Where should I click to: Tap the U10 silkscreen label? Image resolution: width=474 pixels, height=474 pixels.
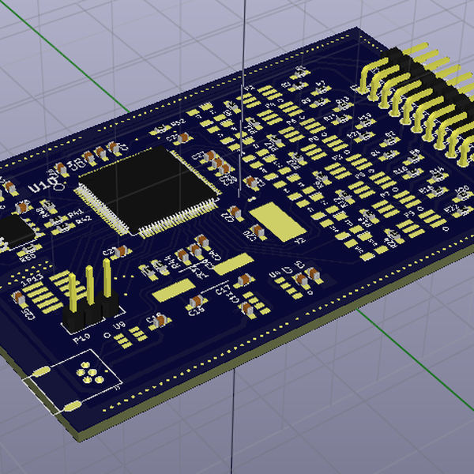(42, 186)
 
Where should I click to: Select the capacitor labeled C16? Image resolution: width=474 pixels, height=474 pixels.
(157, 321)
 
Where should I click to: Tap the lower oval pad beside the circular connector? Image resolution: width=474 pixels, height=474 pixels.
(70, 406)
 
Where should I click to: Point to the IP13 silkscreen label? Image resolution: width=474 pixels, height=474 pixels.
(32, 279)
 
